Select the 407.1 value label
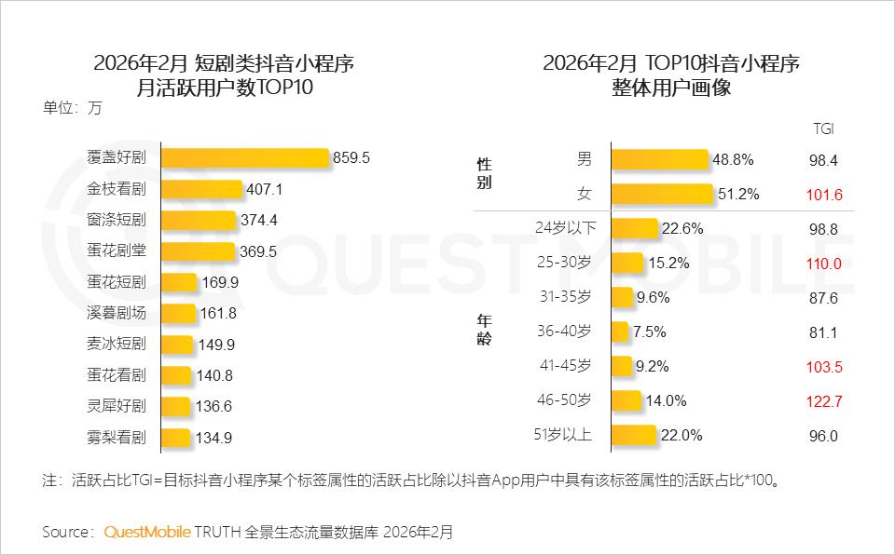tap(264, 189)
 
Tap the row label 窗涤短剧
tap(117, 220)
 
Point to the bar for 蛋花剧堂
tap(198, 251)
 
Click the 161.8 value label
tap(218, 313)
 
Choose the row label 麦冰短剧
tap(117, 344)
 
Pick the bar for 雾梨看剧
tap(176, 438)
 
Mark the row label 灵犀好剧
tap(117, 406)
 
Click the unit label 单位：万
tap(72, 106)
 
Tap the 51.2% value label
tap(736, 194)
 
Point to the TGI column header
tap(823, 129)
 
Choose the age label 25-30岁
tap(563, 263)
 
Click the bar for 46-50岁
tap(626, 400)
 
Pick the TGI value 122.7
tap(823, 400)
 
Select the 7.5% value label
tap(651, 332)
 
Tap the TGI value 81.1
tap(823, 332)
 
